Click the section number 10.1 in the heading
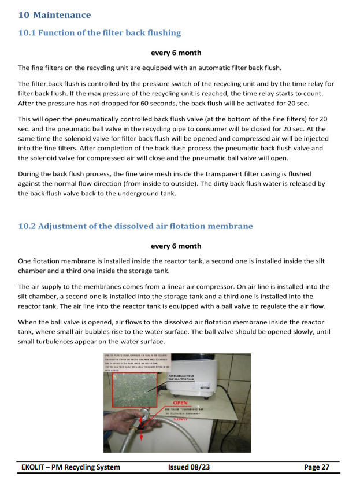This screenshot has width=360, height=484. pyautogui.click(x=27, y=33)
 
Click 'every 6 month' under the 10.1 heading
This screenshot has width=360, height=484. pyautogui.click(x=176, y=53)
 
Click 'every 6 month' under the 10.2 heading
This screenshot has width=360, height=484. pyautogui.click(x=176, y=246)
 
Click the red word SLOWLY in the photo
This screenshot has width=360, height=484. pyautogui.click(x=184, y=420)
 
